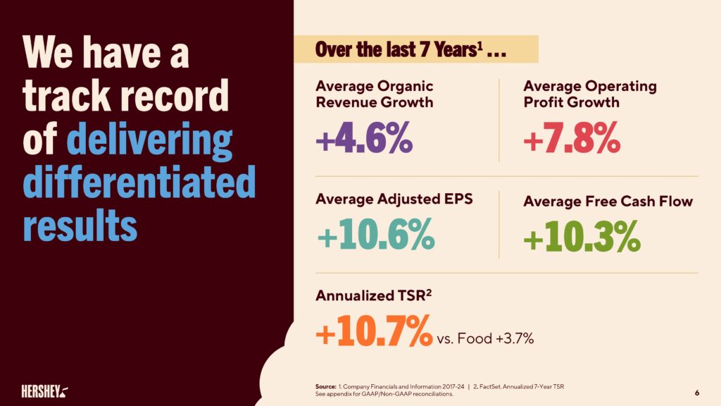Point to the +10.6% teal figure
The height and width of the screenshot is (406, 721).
(375, 237)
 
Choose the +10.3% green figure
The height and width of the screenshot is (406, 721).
(582, 237)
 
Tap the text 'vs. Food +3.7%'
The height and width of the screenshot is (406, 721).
(485, 339)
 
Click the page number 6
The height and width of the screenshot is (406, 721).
(696, 392)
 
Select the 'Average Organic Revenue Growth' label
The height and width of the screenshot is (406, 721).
(374, 94)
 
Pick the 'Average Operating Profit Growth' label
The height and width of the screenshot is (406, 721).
(589, 94)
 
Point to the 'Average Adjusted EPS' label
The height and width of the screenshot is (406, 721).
(394, 199)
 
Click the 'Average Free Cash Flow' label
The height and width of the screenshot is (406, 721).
(608, 202)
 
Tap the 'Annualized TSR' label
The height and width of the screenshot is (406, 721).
(372, 296)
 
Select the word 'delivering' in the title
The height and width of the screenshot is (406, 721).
(149, 140)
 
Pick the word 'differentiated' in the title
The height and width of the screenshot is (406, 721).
(139, 182)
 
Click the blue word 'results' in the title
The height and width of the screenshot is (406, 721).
(80, 224)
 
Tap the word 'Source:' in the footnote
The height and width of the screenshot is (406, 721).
(326, 386)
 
